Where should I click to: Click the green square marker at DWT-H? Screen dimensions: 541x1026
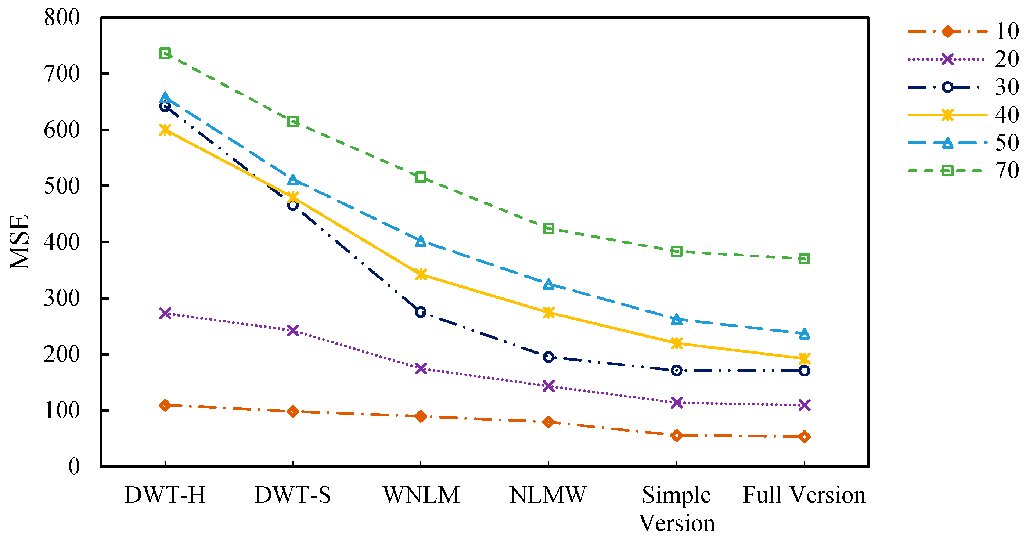(165, 53)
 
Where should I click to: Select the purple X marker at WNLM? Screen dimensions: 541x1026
(421, 368)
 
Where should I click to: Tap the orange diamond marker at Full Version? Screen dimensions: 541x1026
(804, 437)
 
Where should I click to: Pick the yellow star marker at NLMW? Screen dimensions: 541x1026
(548, 313)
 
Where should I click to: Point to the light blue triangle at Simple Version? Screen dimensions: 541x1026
(676, 319)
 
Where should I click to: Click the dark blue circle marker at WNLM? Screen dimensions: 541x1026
(421, 312)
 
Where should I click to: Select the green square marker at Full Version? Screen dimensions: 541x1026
(804, 259)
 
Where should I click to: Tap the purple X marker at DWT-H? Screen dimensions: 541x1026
(165, 313)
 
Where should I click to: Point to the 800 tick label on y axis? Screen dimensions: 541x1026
(62, 18)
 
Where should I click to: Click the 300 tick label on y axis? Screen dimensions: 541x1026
(62, 298)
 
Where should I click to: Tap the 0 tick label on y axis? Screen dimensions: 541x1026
(74, 466)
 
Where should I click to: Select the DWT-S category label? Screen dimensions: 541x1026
(293, 495)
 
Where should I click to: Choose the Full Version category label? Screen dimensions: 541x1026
(804, 495)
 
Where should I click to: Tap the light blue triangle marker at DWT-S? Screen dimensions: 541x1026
(293, 180)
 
